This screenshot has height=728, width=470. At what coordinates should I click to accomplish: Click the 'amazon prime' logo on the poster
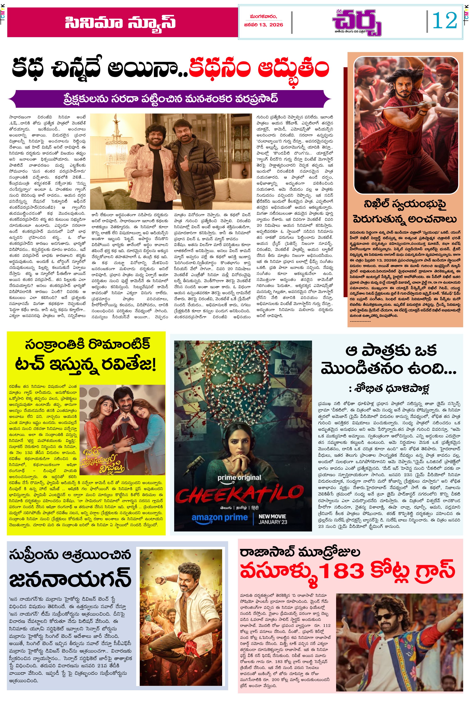[x=219, y=518]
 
